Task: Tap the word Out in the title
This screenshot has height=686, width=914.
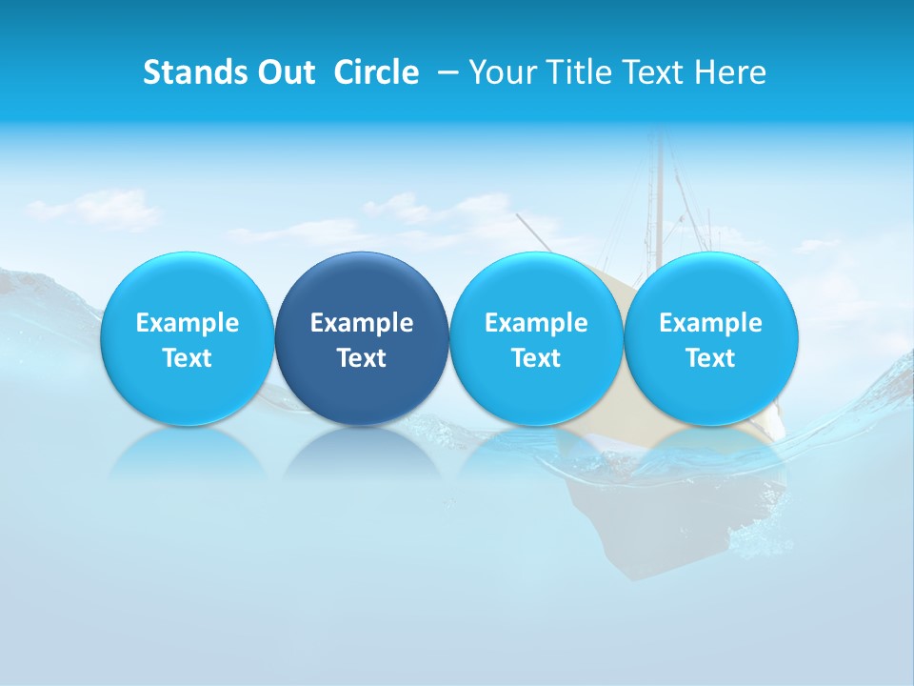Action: coord(284,72)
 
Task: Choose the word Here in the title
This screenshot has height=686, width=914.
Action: coord(731,72)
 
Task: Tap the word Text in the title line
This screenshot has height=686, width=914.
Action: coord(652,72)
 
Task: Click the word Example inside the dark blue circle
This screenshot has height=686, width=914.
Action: coord(362,323)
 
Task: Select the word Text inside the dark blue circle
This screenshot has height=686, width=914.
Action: coord(362,358)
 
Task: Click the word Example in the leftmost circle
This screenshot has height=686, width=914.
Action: coord(188,323)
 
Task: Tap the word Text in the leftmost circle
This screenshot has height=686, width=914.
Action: coord(188,358)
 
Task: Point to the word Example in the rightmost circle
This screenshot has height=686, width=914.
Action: coord(711,323)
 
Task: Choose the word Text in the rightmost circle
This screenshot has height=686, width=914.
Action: coord(711,358)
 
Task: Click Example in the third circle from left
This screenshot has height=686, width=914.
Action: coord(536,323)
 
